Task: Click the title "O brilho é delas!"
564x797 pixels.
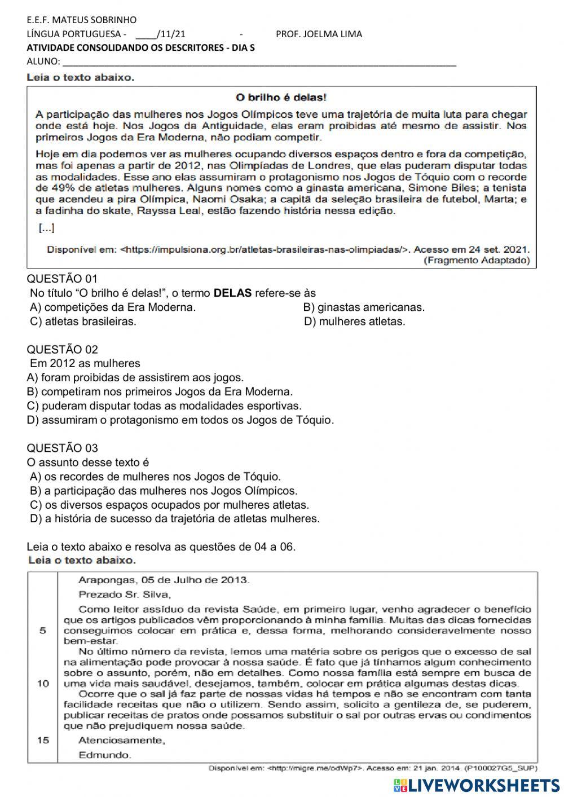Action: click(280, 98)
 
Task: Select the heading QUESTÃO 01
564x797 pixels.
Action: click(62, 279)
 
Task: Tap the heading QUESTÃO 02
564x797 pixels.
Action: click(62, 349)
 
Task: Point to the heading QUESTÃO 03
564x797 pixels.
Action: click(62, 448)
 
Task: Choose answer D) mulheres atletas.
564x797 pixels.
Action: click(354, 322)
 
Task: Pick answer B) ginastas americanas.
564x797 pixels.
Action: click(364, 307)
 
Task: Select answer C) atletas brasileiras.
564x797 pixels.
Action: click(83, 322)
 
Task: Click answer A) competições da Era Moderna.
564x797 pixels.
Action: click(113, 307)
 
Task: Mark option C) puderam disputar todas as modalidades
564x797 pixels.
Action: click(164, 406)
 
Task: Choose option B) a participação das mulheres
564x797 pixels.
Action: click(164, 491)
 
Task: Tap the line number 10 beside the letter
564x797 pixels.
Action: click(43, 683)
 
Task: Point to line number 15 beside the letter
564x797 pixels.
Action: click(43, 740)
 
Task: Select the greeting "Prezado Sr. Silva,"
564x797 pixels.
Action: click(125, 594)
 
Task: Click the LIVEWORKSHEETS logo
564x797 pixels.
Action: click(477, 785)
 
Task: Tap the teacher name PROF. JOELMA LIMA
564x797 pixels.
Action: click(319, 34)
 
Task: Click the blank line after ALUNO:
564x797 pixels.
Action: click(259, 62)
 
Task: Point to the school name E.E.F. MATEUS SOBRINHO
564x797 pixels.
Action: click(82, 20)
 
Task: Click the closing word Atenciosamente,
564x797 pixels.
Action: click(121, 740)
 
